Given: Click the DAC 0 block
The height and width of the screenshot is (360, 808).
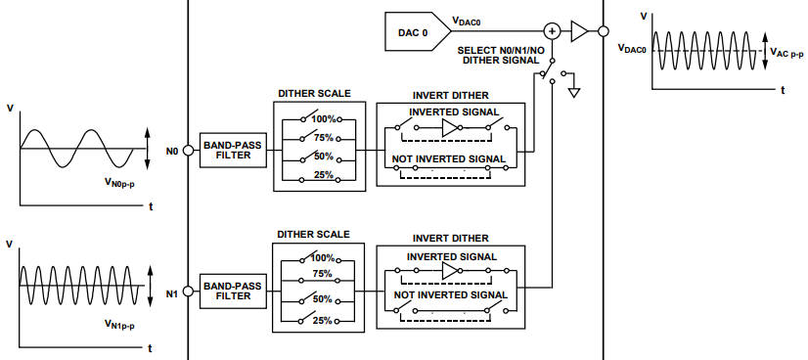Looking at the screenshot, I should [x=412, y=32].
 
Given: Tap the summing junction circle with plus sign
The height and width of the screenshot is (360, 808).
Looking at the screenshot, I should [x=552, y=32].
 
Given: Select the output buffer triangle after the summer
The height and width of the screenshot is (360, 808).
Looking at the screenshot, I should [x=579, y=32].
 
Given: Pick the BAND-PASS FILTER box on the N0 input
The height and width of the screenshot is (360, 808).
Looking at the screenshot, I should [x=232, y=152].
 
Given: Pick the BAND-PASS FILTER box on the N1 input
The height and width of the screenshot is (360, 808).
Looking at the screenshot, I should [x=232, y=292].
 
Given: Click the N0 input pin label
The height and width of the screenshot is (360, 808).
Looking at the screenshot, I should [x=173, y=152].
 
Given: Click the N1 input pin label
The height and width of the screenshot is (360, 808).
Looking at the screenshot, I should [x=173, y=292].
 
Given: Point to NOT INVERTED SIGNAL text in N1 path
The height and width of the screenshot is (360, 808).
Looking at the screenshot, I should [x=450, y=294].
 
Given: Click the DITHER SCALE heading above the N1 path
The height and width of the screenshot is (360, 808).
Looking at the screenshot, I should [x=315, y=235].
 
